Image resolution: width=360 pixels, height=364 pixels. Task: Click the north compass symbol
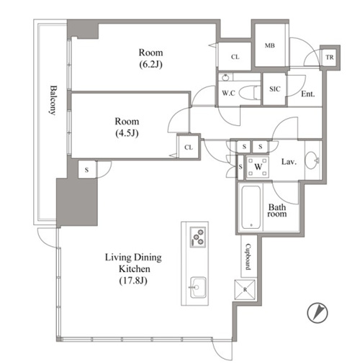(x=318, y=312)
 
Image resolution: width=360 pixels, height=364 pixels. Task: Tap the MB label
(x=270, y=45)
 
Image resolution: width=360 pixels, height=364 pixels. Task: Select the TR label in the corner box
(x=330, y=58)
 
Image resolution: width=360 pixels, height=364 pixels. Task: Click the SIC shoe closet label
(x=274, y=89)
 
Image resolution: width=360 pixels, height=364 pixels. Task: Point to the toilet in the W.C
(x=250, y=93)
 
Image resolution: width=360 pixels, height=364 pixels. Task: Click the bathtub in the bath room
(x=251, y=207)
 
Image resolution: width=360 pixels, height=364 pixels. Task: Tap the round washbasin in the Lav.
(x=312, y=160)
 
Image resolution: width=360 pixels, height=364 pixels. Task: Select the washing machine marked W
(x=258, y=167)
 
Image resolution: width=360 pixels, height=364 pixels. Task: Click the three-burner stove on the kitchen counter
(x=198, y=237)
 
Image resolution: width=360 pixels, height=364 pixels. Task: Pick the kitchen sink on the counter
(x=198, y=288)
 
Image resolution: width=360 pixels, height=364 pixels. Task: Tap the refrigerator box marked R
(x=245, y=289)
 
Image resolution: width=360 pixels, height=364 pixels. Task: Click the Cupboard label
(x=248, y=257)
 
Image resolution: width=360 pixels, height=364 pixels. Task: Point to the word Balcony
(x=53, y=100)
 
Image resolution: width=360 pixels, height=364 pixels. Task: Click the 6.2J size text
(x=151, y=64)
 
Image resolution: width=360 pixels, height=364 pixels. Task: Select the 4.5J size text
(x=127, y=133)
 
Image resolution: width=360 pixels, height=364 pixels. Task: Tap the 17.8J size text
(x=133, y=281)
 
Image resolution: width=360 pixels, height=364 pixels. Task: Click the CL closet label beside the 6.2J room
(x=235, y=57)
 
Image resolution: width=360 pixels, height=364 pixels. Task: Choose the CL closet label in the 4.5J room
(x=189, y=147)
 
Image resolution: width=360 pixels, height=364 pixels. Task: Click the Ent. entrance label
(x=308, y=94)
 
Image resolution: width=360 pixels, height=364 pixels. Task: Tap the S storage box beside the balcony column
(x=87, y=170)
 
